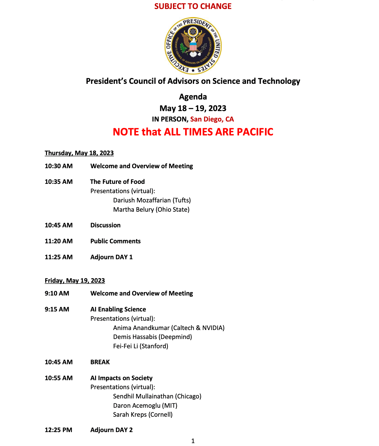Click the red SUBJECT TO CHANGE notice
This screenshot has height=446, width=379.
coord(193,6)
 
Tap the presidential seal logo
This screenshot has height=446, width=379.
coord(193,46)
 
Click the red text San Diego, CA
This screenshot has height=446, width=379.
coord(212,119)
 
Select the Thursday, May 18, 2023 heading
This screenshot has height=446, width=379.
coord(79,153)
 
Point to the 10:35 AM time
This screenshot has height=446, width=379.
coord(59,182)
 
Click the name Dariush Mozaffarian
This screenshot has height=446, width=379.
coord(142,200)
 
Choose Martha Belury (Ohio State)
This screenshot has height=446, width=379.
coord(151,210)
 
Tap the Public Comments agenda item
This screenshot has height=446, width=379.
coord(115,241)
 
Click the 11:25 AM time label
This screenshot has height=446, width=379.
coord(59,257)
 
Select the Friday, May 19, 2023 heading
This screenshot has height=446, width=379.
coord(75,281)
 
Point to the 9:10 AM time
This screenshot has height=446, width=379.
coord(57,293)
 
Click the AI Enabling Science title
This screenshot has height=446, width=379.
coord(118,309)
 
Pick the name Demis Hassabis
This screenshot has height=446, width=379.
coord(135,337)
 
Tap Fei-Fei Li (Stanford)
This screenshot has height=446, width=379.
coord(141,346)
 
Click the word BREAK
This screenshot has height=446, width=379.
coord(100,362)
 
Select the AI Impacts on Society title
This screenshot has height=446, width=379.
coord(121,378)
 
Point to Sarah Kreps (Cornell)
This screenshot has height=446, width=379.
coord(143,415)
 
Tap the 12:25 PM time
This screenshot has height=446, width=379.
coord(58,430)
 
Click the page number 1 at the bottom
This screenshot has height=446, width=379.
coord(193,441)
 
